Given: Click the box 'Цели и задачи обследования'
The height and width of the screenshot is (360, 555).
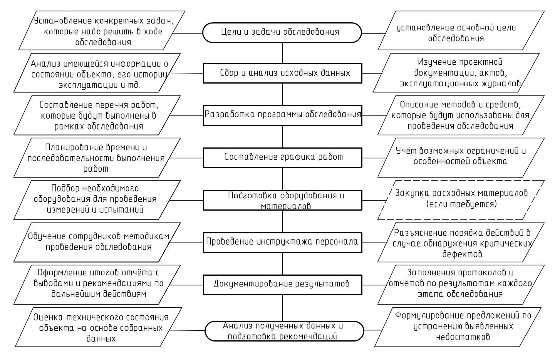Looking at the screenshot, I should (282, 32).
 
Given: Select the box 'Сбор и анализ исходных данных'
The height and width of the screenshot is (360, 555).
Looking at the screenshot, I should (282, 73).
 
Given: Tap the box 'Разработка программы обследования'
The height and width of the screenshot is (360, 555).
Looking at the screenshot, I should (282, 115).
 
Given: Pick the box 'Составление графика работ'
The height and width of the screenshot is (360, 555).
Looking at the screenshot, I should (282, 157).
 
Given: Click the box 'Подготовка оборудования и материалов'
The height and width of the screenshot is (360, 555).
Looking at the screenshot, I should (282, 200).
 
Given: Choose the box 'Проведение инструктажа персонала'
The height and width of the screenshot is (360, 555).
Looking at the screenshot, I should (282, 242).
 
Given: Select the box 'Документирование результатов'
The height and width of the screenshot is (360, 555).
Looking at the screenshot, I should (282, 284).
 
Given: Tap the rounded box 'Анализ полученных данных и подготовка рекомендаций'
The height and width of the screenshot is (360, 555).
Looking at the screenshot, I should (284, 331).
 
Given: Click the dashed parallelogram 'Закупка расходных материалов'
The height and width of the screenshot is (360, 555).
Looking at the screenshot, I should (461, 199).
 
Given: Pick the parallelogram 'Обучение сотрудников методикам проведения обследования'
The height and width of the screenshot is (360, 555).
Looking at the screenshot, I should (98, 242).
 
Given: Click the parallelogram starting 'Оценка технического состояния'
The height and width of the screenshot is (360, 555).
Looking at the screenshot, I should (98, 328).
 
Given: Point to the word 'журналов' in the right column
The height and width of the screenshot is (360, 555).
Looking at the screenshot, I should (499, 83).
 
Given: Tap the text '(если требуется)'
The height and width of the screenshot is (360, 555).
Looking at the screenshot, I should (461, 204).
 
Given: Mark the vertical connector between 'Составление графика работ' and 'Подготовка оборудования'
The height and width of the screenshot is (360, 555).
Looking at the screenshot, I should (283, 179).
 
